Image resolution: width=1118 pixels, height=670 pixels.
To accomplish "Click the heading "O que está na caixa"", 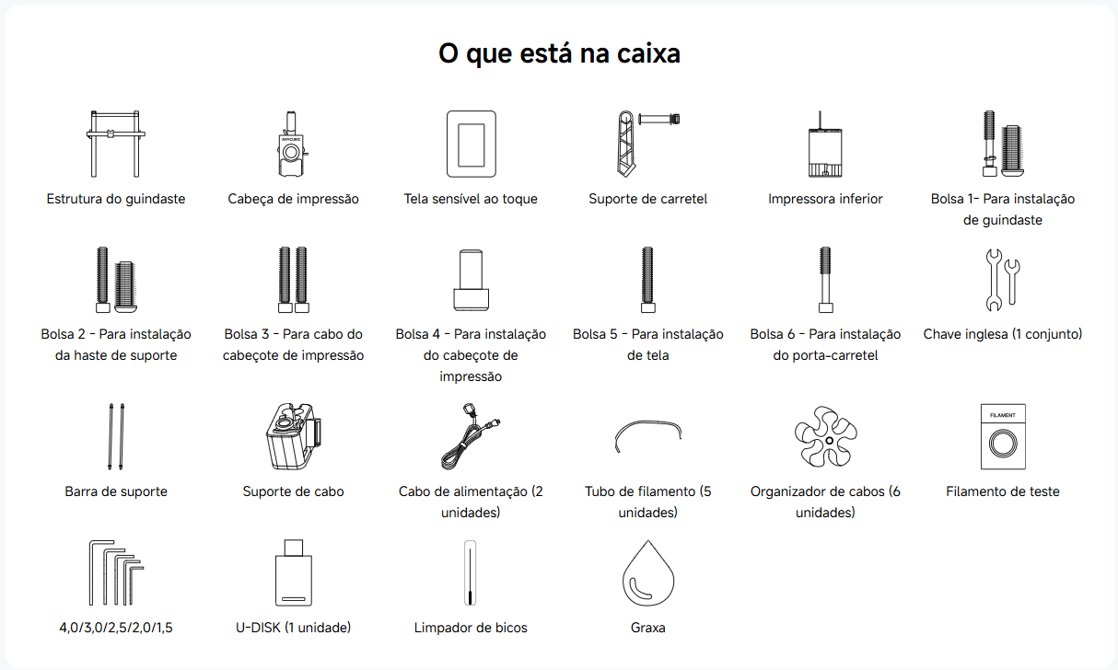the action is coord(559,53).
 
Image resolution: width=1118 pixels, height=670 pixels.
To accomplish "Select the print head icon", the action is coord(292,144).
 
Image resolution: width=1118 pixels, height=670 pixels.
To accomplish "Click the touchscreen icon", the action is coord(472,144).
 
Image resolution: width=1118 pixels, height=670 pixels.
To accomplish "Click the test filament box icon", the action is coord(1003,436).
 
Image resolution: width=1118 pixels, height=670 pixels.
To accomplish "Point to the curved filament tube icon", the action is coord(647,422).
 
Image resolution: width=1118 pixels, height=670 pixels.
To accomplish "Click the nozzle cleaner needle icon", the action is coord(471,572).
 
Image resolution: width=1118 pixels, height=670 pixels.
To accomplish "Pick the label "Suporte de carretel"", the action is coord(647,199).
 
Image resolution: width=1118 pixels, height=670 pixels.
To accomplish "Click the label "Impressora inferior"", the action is coord(825,199).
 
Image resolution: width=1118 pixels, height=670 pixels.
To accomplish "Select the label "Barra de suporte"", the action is coord(116,491).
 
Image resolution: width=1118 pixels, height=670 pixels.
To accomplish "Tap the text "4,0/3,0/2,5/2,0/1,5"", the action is coord(116,627).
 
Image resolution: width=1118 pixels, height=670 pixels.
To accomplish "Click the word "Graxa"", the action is coord(647,627).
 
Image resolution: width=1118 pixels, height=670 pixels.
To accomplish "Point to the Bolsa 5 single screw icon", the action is coord(647,280).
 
